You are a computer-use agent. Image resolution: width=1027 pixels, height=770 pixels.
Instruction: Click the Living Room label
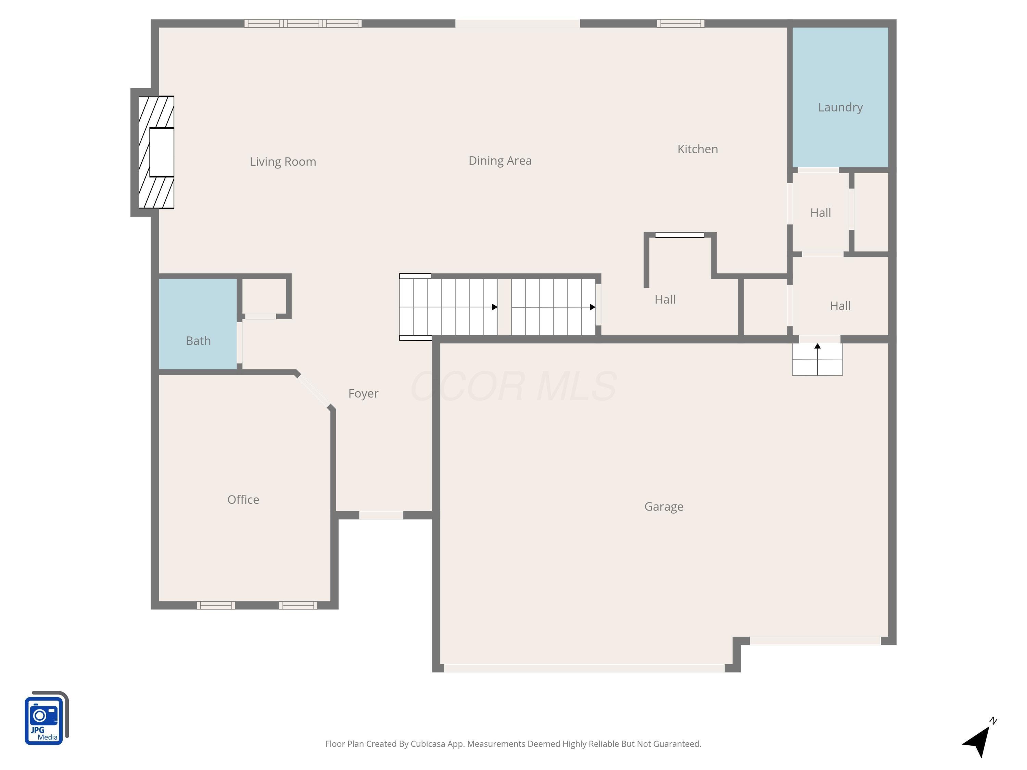283,162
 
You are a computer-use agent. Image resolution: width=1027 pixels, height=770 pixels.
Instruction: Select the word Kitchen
697,149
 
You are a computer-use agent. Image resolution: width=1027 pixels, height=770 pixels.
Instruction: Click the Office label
243,499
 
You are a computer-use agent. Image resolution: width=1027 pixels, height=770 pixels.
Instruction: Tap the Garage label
663,506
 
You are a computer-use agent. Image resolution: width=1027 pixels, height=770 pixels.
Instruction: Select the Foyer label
363,394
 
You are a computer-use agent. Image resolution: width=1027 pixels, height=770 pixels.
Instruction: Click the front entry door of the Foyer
381,515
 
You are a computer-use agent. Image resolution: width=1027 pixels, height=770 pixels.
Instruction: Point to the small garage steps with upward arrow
817,360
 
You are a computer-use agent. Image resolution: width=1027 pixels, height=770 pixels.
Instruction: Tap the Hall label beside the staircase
665,299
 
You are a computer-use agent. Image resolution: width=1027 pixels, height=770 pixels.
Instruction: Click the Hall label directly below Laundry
820,213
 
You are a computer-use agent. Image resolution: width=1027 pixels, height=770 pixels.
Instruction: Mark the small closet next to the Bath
263,296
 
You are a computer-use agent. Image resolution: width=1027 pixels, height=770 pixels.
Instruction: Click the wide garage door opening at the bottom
584,668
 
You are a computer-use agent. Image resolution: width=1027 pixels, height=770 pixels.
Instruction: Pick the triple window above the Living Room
303,23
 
